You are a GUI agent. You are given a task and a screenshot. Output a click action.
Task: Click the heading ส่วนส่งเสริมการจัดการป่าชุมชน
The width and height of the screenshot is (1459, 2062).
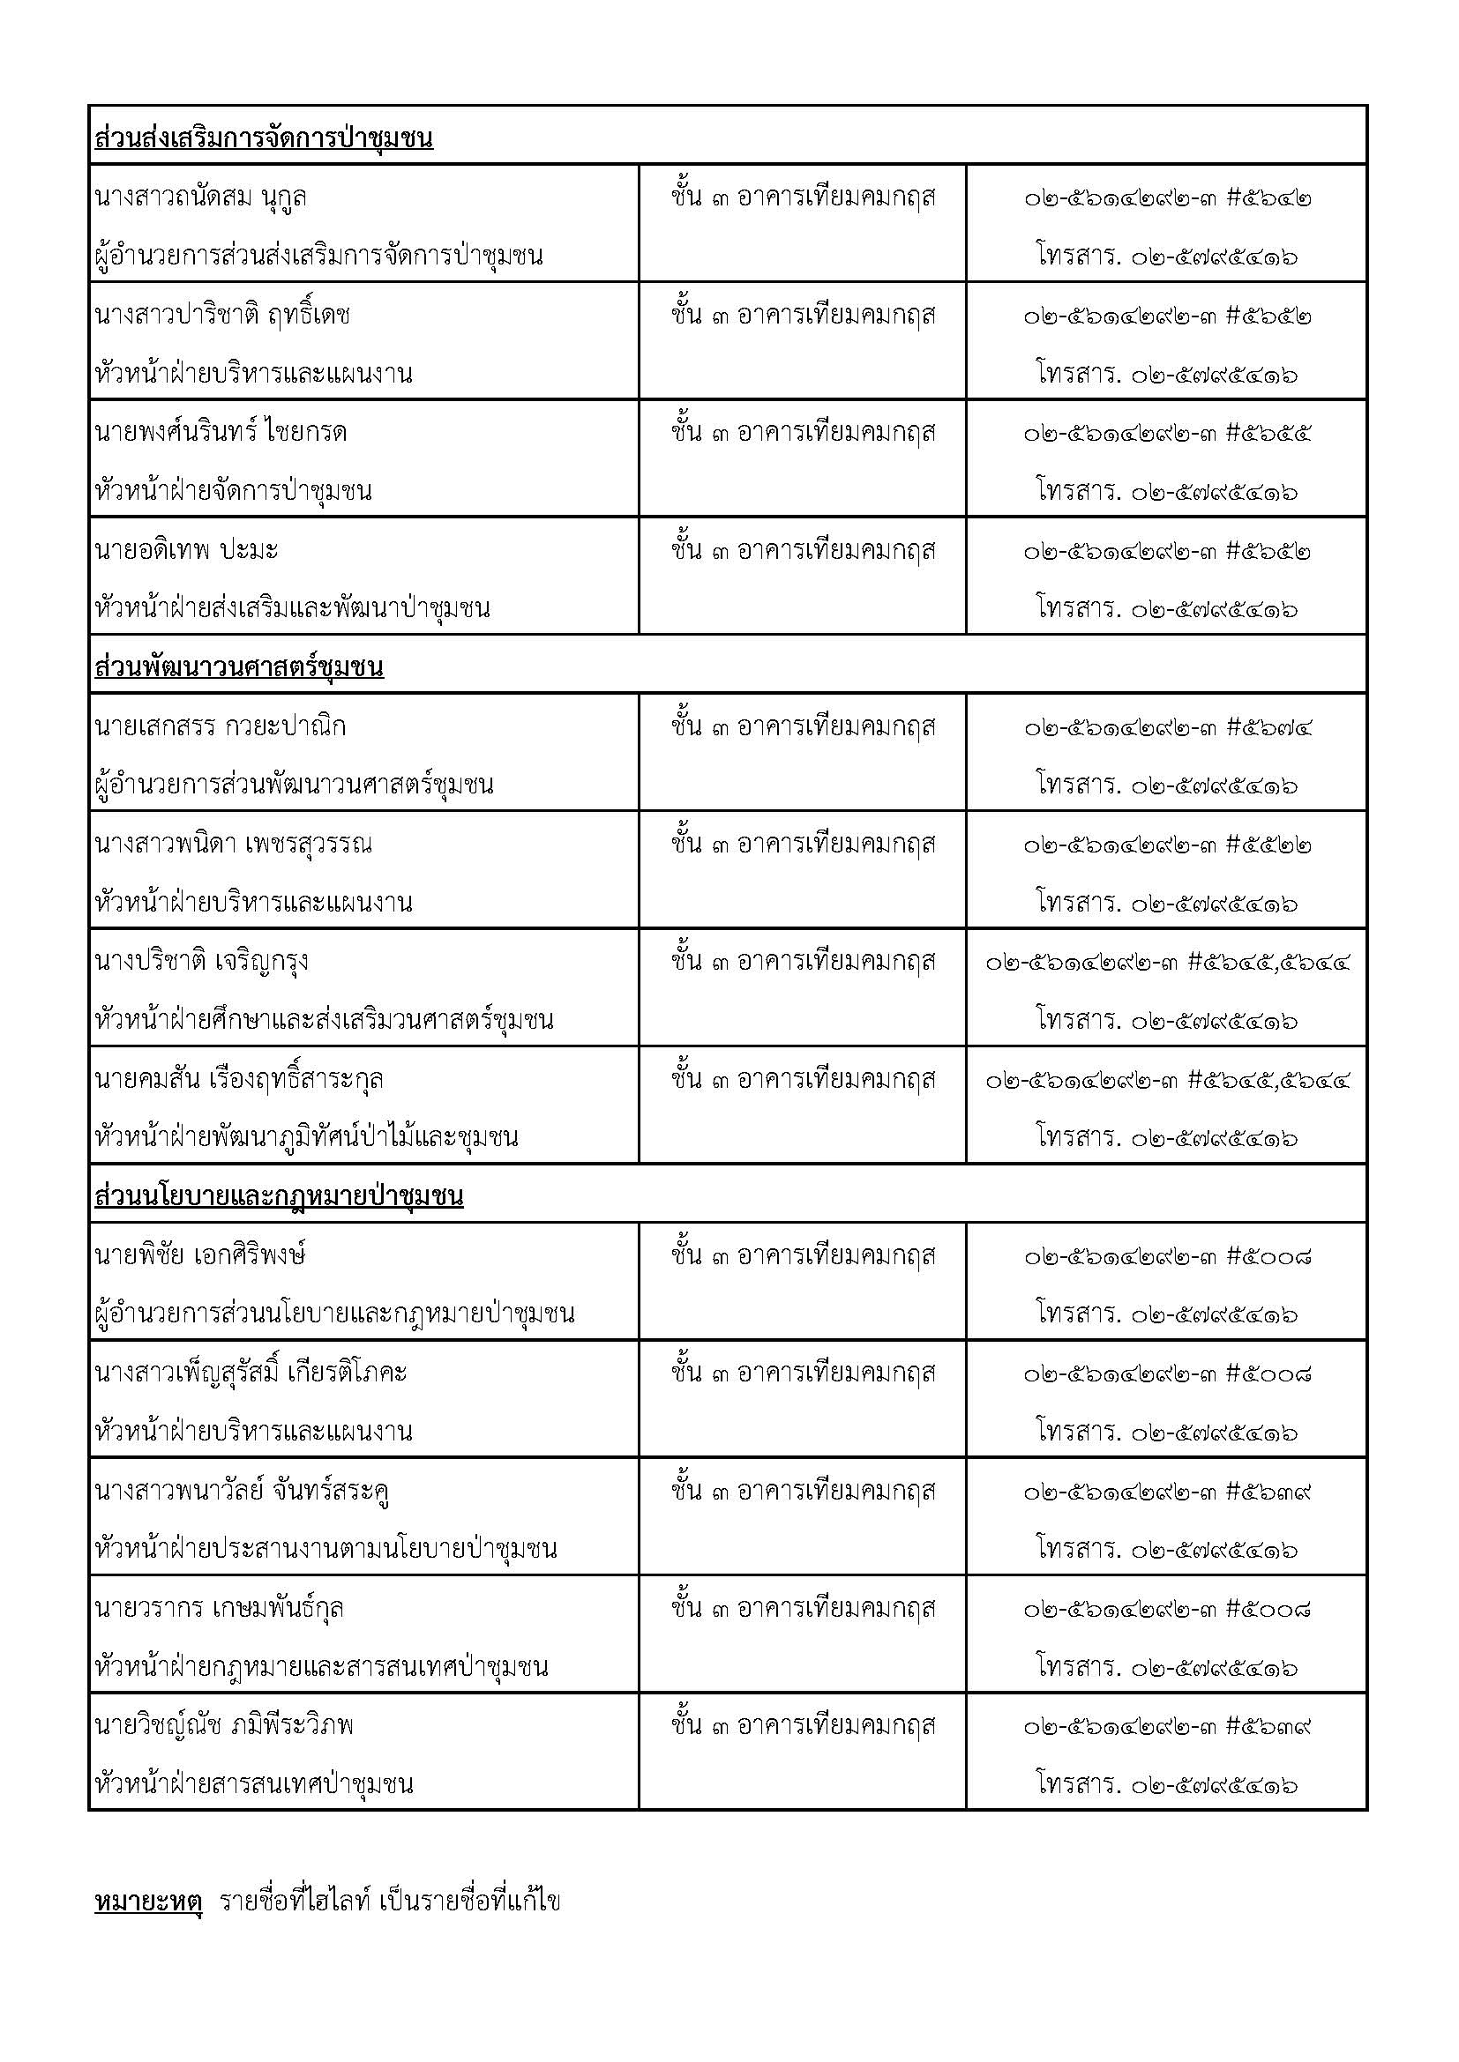pyautogui.click(x=263, y=138)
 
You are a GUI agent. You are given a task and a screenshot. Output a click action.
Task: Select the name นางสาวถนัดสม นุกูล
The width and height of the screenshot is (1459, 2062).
pyautogui.click(x=200, y=197)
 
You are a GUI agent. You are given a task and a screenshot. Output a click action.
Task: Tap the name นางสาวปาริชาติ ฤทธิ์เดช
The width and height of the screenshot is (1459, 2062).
pyautogui.click(x=222, y=315)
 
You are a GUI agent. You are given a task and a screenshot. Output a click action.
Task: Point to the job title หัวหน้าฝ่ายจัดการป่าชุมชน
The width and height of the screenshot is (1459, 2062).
pyautogui.click(x=233, y=490)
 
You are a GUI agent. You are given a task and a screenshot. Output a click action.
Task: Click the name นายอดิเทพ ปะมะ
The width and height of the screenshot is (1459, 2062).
pyautogui.click(x=186, y=548)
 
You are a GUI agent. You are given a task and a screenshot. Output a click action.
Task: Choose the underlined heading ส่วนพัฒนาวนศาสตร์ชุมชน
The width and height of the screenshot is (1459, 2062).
pyautogui.click(x=239, y=667)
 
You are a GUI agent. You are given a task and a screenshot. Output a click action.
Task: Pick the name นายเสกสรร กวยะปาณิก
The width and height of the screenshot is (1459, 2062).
pyautogui.click(x=221, y=726)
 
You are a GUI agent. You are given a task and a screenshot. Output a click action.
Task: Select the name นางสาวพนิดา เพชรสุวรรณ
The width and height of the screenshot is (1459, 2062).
pyautogui.click(x=233, y=844)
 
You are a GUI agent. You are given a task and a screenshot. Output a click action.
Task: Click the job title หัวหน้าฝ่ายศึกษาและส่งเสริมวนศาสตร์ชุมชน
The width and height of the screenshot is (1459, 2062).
pyautogui.click(x=324, y=1019)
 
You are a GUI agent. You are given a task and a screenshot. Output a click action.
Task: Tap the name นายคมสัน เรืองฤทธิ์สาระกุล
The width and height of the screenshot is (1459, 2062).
pyautogui.click(x=239, y=1078)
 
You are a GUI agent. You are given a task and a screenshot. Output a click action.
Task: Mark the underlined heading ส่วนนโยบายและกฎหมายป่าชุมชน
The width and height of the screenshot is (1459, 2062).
pyautogui.click(x=279, y=1196)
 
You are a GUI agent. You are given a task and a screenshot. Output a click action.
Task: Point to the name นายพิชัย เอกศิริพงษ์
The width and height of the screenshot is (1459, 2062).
pyautogui.click(x=199, y=1254)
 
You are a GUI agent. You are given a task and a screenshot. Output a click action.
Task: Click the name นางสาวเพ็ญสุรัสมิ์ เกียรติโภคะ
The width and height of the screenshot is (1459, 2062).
pyautogui.click(x=251, y=1373)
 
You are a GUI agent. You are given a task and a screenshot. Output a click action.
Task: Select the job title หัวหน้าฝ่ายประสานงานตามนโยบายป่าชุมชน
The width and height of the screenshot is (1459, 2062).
pyautogui.click(x=325, y=1548)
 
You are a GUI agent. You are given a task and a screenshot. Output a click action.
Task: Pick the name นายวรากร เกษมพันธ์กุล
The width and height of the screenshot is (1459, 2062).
pyautogui.click(x=220, y=1608)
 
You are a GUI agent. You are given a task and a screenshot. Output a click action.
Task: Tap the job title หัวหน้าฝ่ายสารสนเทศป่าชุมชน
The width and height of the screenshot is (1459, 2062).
pyautogui.click(x=253, y=1783)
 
